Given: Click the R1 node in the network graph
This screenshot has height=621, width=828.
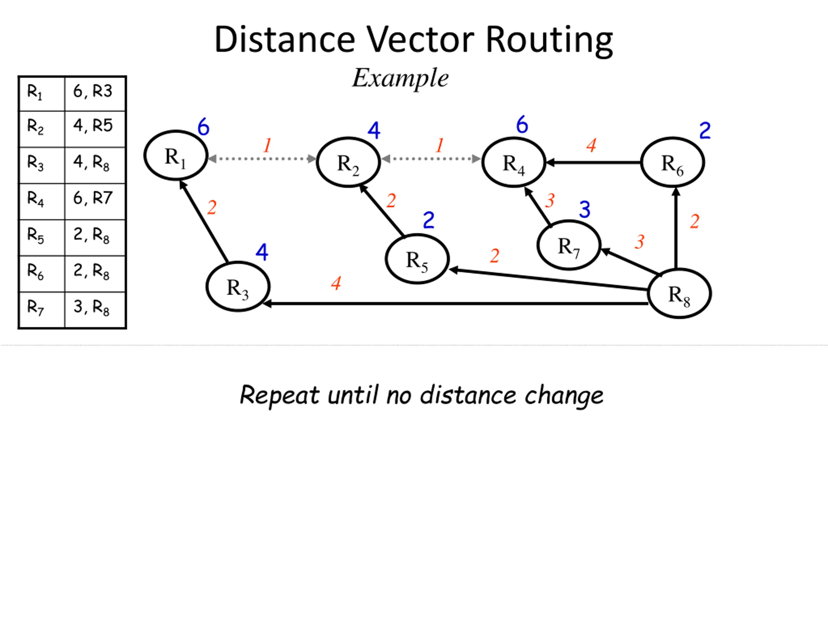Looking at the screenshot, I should [x=176, y=155].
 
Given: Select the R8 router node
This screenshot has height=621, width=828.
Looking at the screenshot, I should [x=679, y=294].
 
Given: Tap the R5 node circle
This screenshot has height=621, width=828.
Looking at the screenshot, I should [x=417, y=259].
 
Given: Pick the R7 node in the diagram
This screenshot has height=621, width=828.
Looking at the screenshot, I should [x=569, y=245].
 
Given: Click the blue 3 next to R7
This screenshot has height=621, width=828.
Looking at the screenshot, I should [x=585, y=209].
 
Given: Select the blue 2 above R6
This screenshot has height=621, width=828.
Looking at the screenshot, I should [x=705, y=131].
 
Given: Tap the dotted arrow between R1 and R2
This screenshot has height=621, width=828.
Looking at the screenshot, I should [x=262, y=159].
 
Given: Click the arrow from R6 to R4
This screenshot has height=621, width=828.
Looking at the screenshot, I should [x=593, y=162].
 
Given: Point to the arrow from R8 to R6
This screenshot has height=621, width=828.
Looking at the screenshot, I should [x=676, y=228].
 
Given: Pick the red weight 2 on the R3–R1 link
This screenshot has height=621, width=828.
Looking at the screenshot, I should [x=212, y=207].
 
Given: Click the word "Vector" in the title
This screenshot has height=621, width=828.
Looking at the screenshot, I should [x=420, y=40].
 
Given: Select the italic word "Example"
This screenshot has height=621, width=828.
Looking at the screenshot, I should [x=400, y=78].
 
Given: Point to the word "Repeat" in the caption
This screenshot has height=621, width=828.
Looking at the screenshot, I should [x=279, y=395].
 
